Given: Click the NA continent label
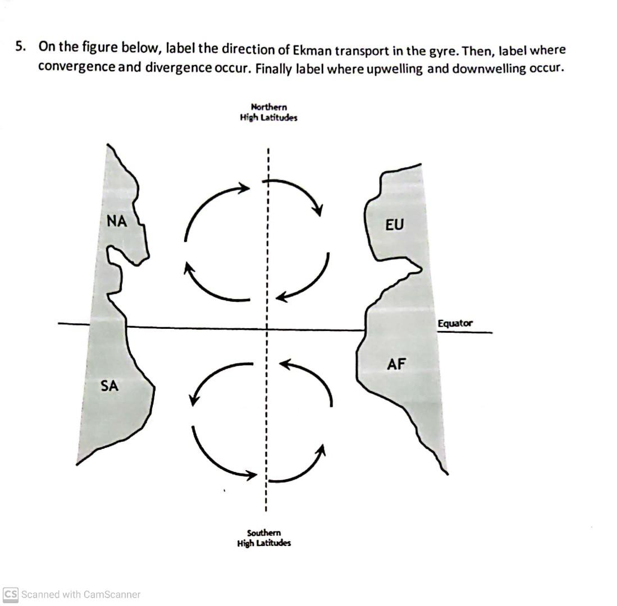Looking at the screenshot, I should click(x=117, y=222).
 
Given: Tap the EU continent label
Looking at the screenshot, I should click(x=394, y=225).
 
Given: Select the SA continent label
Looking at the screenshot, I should click(x=109, y=386).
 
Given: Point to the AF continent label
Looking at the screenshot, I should click(x=396, y=365).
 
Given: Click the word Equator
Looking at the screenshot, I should click(x=455, y=323).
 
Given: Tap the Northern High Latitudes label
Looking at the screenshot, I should click(x=268, y=112).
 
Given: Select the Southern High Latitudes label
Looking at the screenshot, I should click(x=264, y=538).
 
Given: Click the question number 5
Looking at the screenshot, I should click(x=20, y=48).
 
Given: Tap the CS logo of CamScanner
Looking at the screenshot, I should click(x=10, y=594).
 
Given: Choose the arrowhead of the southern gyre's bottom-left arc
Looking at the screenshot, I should click(x=251, y=476).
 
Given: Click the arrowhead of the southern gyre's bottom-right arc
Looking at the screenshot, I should click(x=322, y=448).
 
